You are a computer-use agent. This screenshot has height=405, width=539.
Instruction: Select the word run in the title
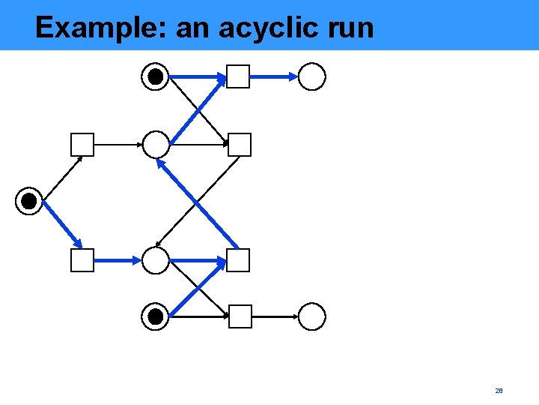point(351,28)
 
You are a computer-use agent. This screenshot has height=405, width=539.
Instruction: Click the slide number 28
point(499,391)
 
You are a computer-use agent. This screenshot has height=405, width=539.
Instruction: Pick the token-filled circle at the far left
point(28,201)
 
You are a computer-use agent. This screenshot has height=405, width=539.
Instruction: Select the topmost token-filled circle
point(156,76)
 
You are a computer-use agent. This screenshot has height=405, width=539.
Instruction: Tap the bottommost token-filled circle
point(156,316)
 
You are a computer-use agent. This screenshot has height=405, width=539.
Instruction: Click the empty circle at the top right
point(312,76)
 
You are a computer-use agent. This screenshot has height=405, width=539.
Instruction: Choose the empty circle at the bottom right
point(312,316)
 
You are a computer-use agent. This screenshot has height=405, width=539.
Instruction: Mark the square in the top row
point(238,76)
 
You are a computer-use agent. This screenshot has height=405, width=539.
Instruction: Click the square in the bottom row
point(240,316)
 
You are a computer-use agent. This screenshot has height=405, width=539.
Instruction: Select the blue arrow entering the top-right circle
point(273,76)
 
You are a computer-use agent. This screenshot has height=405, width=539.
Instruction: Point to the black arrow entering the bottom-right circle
point(275,316)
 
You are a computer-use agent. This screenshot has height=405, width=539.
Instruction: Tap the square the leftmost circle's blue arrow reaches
point(82,260)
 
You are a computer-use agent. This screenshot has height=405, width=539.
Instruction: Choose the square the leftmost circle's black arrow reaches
point(82,144)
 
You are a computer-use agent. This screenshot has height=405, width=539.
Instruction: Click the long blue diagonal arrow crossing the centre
point(198,202)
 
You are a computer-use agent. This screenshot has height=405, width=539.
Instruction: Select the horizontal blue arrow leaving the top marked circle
point(197,76)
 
